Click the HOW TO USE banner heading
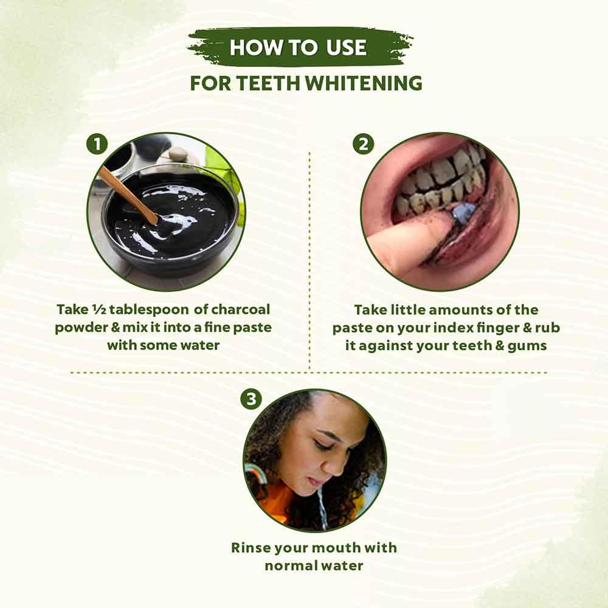(x=298, y=47)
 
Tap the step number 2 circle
(x=364, y=145)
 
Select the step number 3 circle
(x=251, y=399)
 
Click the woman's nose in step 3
(x=333, y=461)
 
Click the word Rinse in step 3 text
(x=250, y=547)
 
